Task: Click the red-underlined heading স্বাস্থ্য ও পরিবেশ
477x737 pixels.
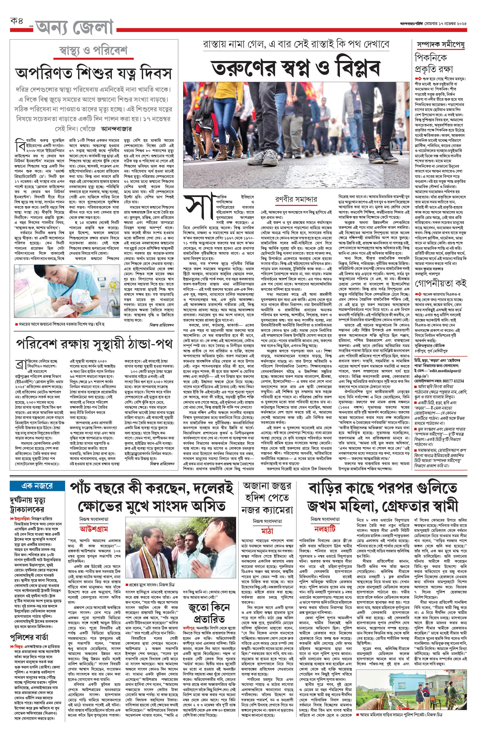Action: tap(93, 50)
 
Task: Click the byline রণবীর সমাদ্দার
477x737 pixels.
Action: tap(296, 199)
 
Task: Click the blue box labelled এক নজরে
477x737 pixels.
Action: tap(37, 486)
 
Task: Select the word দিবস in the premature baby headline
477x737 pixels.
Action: tap(152, 73)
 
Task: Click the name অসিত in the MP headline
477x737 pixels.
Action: tap(208, 506)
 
